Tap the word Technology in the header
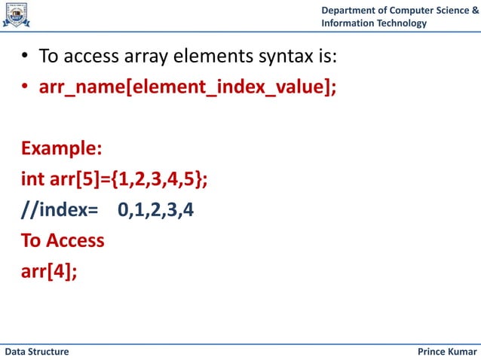[x=400, y=23]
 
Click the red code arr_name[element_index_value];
[x=188, y=88]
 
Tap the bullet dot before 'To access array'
[x=25, y=57]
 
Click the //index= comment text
[x=60, y=211]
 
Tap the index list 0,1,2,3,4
[x=155, y=211]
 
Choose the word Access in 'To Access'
[x=75, y=241]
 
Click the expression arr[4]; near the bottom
[x=49, y=270]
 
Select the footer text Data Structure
[x=37, y=352]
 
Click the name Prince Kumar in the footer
[x=446, y=352]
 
